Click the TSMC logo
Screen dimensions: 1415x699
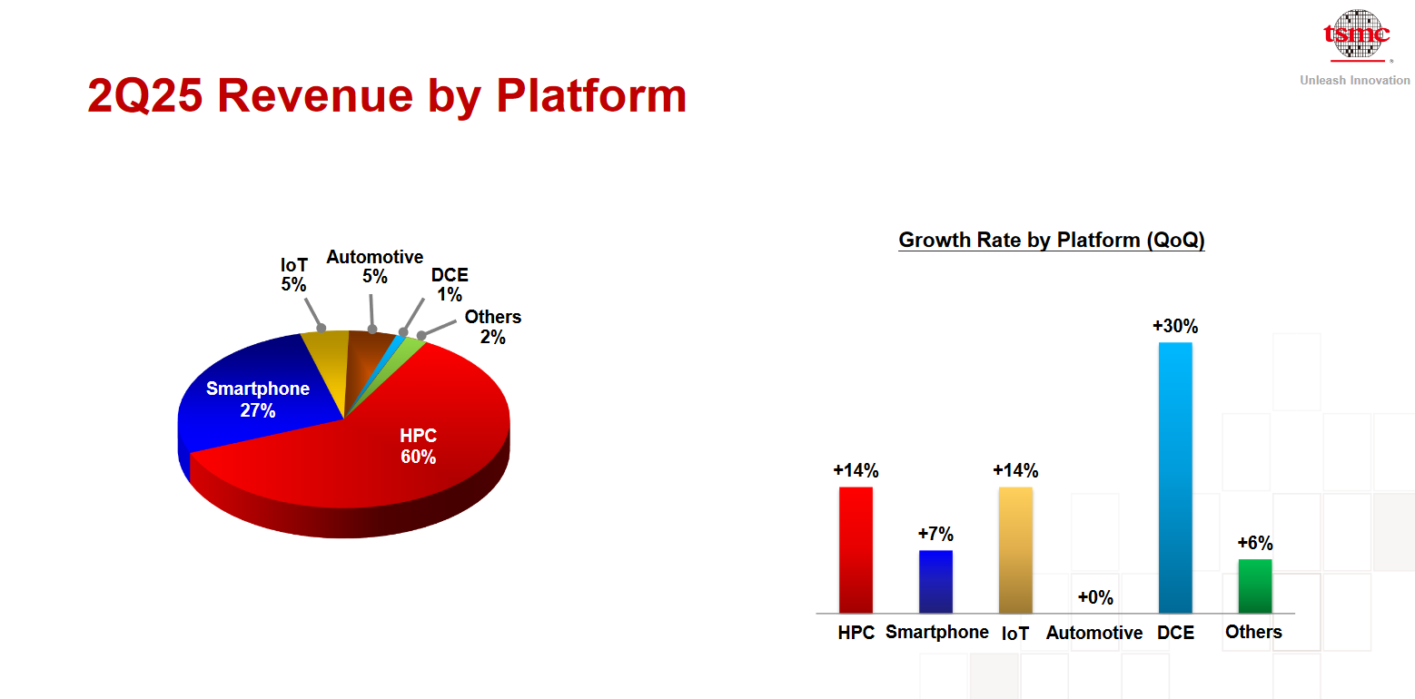(x=1357, y=34)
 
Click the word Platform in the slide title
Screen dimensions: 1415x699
(x=591, y=96)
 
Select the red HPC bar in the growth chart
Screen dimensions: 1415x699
(x=856, y=549)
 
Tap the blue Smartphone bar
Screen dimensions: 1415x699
(x=935, y=582)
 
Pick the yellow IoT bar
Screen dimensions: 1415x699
(x=1015, y=549)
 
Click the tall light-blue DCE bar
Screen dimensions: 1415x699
(x=1175, y=477)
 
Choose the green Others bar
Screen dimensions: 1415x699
(x=1255, y=586)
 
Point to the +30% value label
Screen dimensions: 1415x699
(x=1175, y=326)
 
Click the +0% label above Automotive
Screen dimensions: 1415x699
(x=1095, y=596)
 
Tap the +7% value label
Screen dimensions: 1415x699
(x=935, y=534)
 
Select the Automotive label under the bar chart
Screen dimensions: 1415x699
(x=1094, y=633)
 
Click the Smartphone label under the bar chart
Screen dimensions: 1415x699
(x=936, y=632)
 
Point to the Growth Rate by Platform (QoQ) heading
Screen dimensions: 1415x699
(x=1052, y=240)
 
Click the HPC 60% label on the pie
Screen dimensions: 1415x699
(x=418, y=446)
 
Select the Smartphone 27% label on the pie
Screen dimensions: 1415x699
(x=258, y=399)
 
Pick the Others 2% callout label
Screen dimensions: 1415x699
(x=493, y=327)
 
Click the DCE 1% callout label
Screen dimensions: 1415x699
(x=450, y=285)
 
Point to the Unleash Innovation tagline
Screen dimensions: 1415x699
(x=1354, y=80)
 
